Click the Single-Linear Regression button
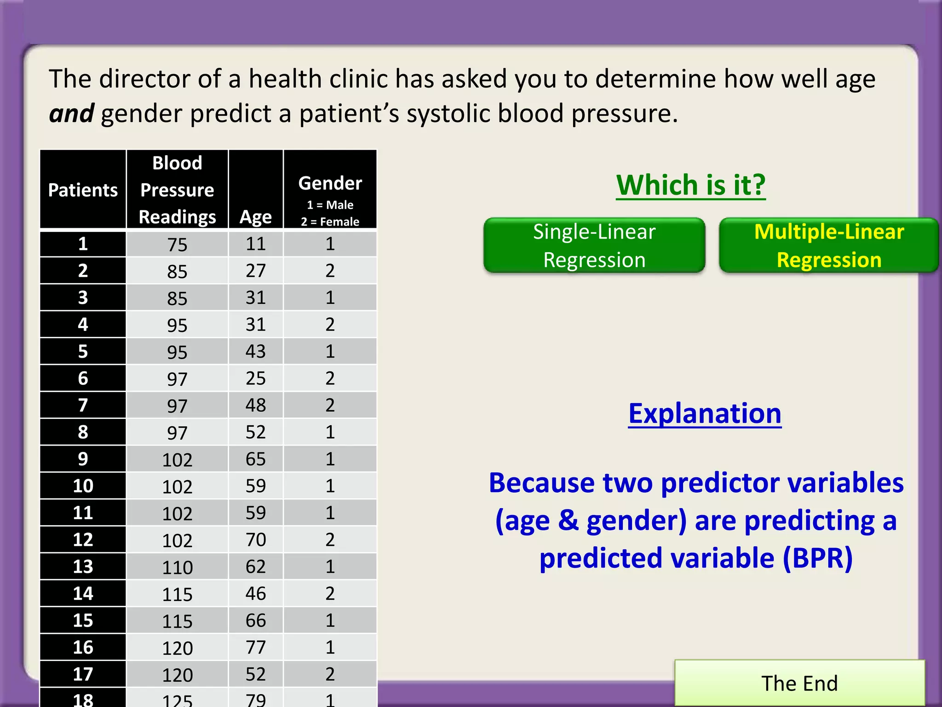(594, 245)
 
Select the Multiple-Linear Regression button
(829, 245)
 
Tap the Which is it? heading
(691, 185)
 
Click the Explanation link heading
(705, 413)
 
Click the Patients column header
(83, 190)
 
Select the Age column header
(256, 216)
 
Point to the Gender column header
(330, 183)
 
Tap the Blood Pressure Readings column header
(177, 190)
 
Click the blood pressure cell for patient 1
(177, 244)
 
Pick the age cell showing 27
(256, 271)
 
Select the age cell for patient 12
(256, 539)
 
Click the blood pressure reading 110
(177, 567)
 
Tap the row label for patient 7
(83, 405)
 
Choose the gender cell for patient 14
(330, 593)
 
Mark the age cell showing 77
(256, 647)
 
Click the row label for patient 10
(83, 486)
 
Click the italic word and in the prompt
(71, 114)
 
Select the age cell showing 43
(256, 351)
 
